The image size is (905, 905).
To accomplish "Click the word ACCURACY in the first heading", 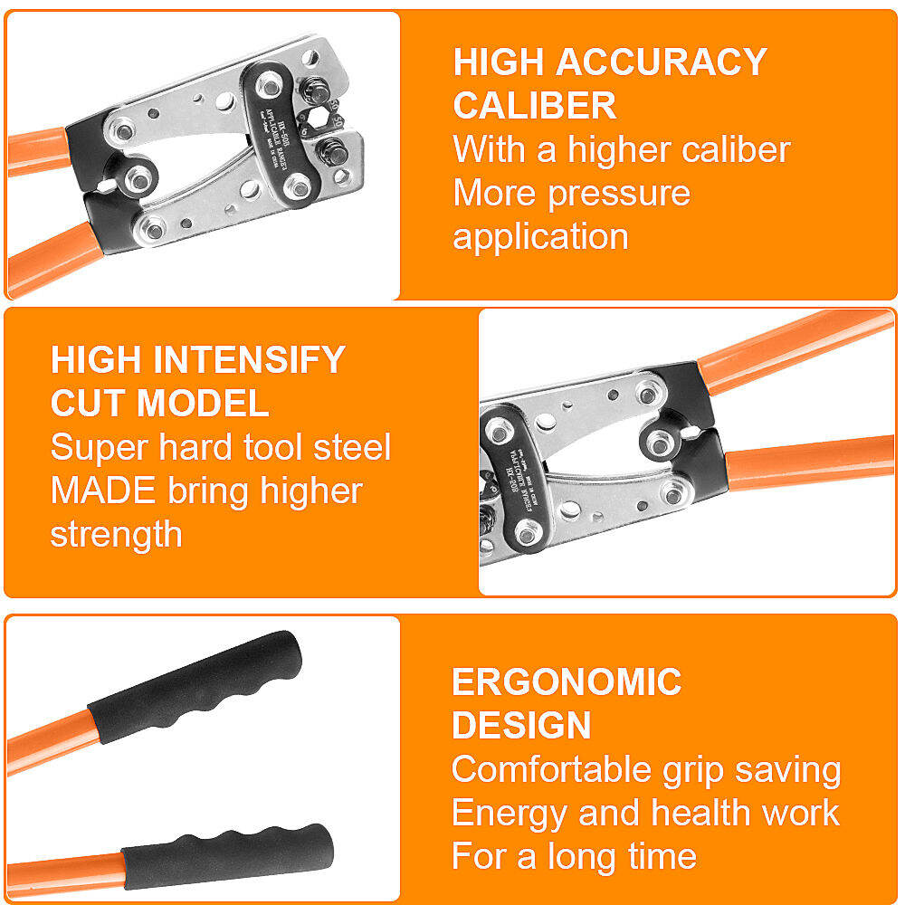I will [661, 62].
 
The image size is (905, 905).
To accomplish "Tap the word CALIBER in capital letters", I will [535, 106].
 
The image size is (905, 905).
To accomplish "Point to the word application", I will [540, 236].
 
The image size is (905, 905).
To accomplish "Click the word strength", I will [116, 534].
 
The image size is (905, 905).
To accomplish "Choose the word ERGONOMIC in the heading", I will [567, 682].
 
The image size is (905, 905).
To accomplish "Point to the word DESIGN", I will [521, 726].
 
